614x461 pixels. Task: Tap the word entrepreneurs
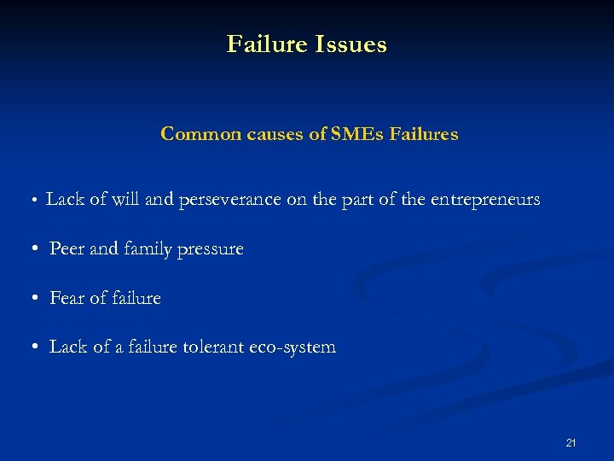(x=485, y=201)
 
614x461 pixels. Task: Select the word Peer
(x=67, y=249)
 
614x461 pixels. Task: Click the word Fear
(x=67, y=298)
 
